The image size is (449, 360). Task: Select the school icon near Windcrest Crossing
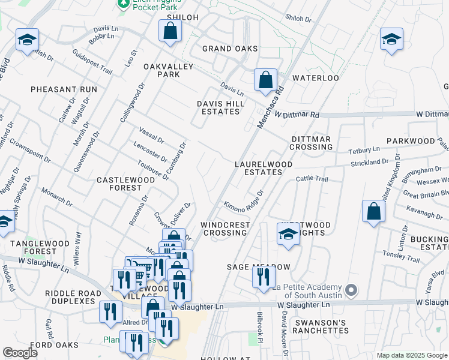point(288,234)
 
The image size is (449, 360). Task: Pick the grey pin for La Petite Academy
point(352,291)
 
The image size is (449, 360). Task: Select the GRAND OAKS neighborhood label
point(230,49)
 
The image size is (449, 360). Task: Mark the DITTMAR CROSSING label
point(311,143)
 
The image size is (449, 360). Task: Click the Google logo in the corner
point(20,353)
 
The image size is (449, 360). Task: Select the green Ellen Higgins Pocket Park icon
point(123,4)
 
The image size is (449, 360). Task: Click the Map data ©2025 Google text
point(411,355)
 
